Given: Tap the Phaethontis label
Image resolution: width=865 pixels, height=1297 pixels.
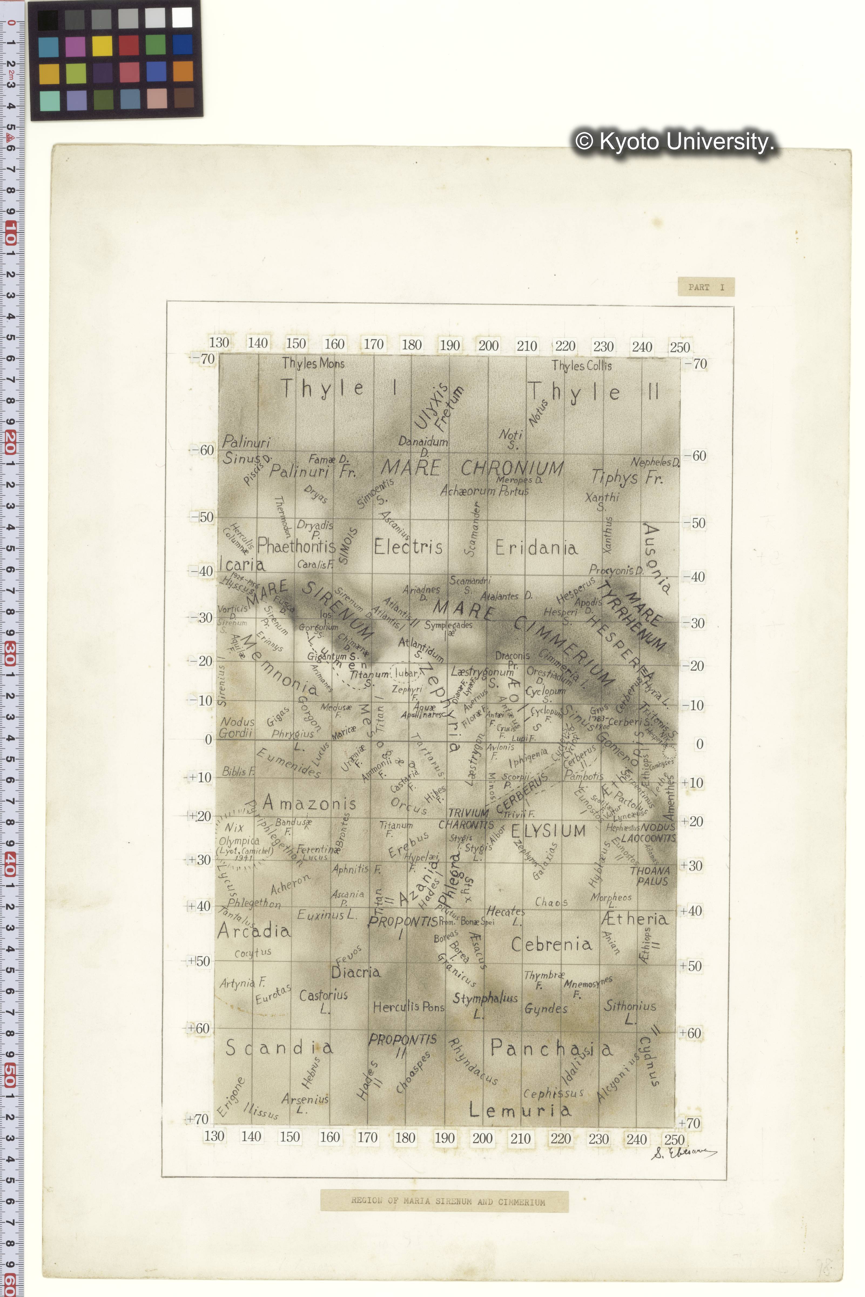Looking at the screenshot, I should click(x=296, y=546).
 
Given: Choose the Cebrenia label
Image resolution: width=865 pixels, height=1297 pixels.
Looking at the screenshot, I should click(x=551, y=944).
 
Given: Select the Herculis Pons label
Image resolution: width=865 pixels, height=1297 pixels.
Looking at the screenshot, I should click(x=408, y=1007).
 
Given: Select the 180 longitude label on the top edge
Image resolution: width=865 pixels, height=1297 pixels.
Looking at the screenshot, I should click(x=412, y=345).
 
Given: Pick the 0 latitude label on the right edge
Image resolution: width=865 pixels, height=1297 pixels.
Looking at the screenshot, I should click(x=699, y=744).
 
